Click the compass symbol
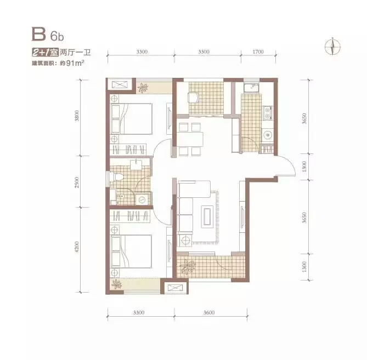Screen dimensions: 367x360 coord(332,46)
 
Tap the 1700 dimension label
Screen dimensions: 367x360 coord(258,52)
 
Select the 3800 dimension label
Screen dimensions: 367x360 coord(77,116)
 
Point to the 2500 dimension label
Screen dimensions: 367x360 coord(77,182)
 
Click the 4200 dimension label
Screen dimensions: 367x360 coord(77,247)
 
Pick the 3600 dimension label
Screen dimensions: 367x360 coord(209,312)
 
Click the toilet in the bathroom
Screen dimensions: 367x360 coord(116,177)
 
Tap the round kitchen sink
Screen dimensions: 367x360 coord(267,135)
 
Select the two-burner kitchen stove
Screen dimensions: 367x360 coord(267,113)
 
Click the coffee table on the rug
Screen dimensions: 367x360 coord(207,216)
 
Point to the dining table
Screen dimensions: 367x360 coord(190,140)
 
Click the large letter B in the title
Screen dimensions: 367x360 coord(38,34)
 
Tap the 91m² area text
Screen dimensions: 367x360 coord(75,63)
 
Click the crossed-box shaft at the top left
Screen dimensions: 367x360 coord(119,84)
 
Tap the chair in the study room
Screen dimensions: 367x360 coord(193,97)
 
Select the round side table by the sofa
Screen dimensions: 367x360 coord(185,240)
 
